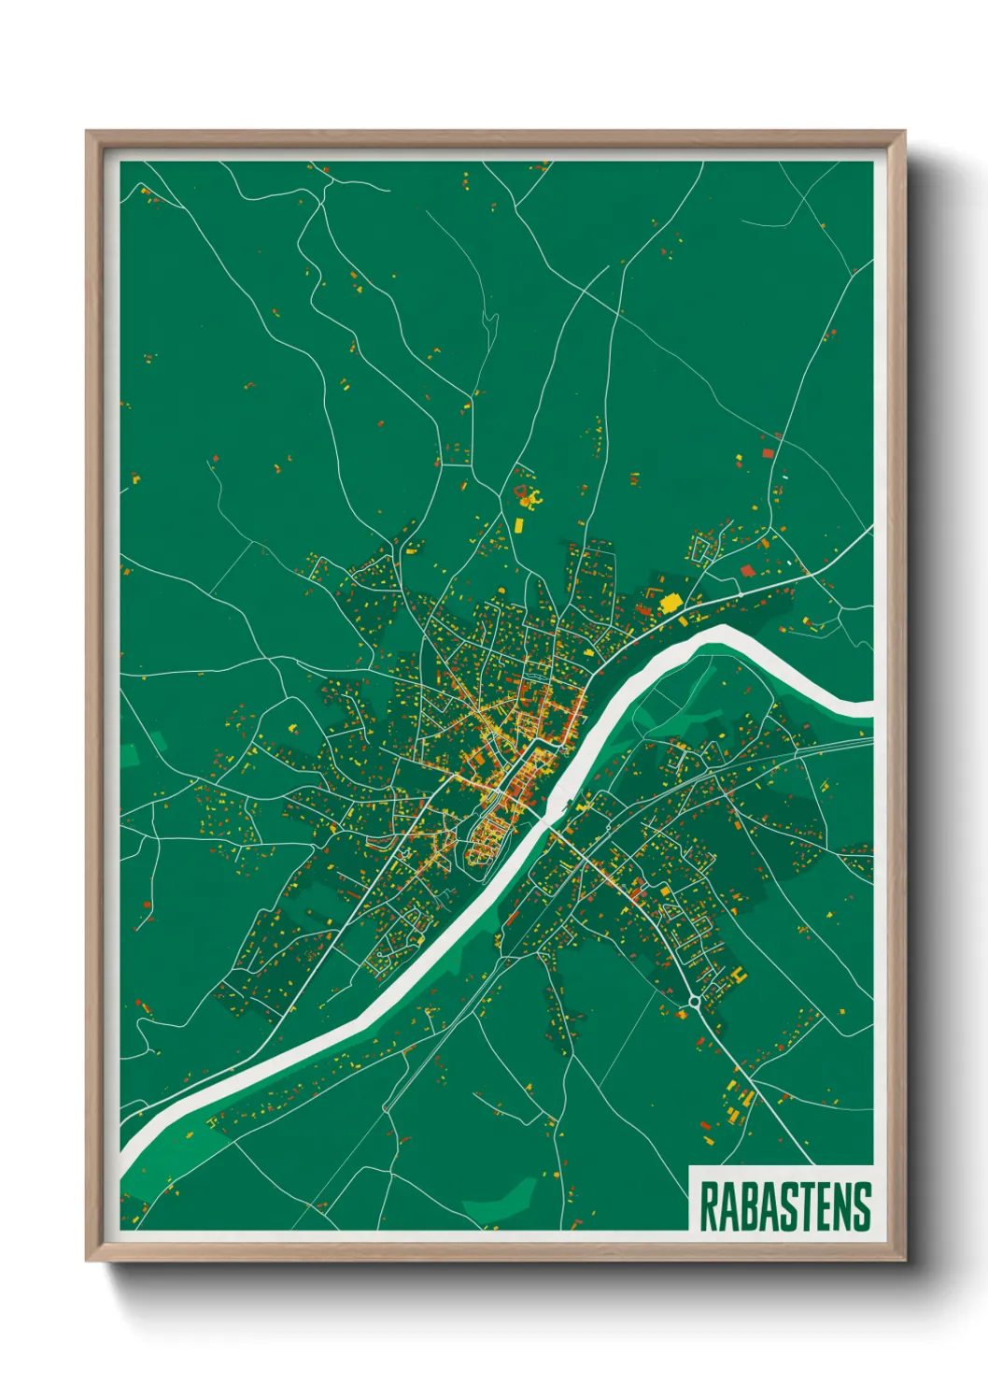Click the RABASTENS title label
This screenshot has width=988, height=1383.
tap(784, 1206)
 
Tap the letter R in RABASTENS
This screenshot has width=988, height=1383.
tap(708, 1206)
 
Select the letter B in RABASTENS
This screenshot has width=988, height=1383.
tap(746, 1206)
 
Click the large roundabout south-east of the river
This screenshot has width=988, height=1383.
tap(695, 1004)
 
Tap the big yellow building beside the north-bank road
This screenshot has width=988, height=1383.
tap(669, 603)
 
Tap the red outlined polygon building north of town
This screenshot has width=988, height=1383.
tap(522, 490)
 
